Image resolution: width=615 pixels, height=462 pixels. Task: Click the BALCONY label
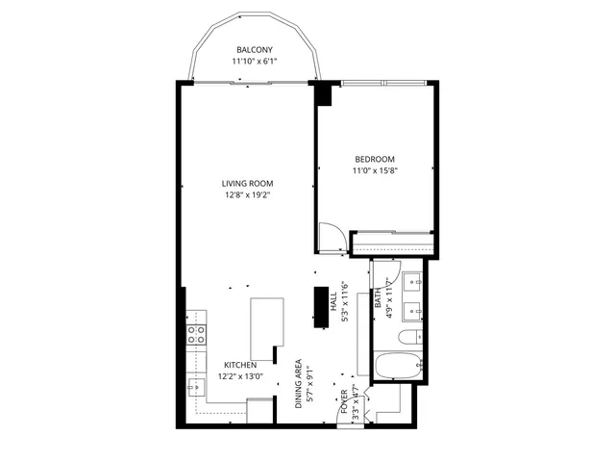click(x=255, y=50)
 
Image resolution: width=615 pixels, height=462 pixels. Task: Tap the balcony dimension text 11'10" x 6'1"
click(x=255, y=62)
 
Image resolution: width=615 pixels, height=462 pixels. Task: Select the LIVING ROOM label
click(x=248, y=184)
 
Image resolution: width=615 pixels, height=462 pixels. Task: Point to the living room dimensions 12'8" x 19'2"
click(x=248, y=195)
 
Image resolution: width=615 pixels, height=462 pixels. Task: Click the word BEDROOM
click(x=375, y=159)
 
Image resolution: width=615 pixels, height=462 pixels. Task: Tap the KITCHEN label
click(x=240, y=366)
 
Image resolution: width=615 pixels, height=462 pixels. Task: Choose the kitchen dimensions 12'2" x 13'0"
click(x=240, y=377)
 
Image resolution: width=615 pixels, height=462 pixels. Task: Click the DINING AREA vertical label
click(x=300, y=385)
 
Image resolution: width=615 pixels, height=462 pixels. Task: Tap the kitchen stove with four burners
click(x=197, y=334)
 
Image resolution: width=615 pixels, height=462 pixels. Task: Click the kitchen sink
click(x=195, y=387)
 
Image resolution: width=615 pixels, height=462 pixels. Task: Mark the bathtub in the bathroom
click(x=396, y=367)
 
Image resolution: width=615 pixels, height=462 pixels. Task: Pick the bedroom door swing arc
click(x=331, y=237)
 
